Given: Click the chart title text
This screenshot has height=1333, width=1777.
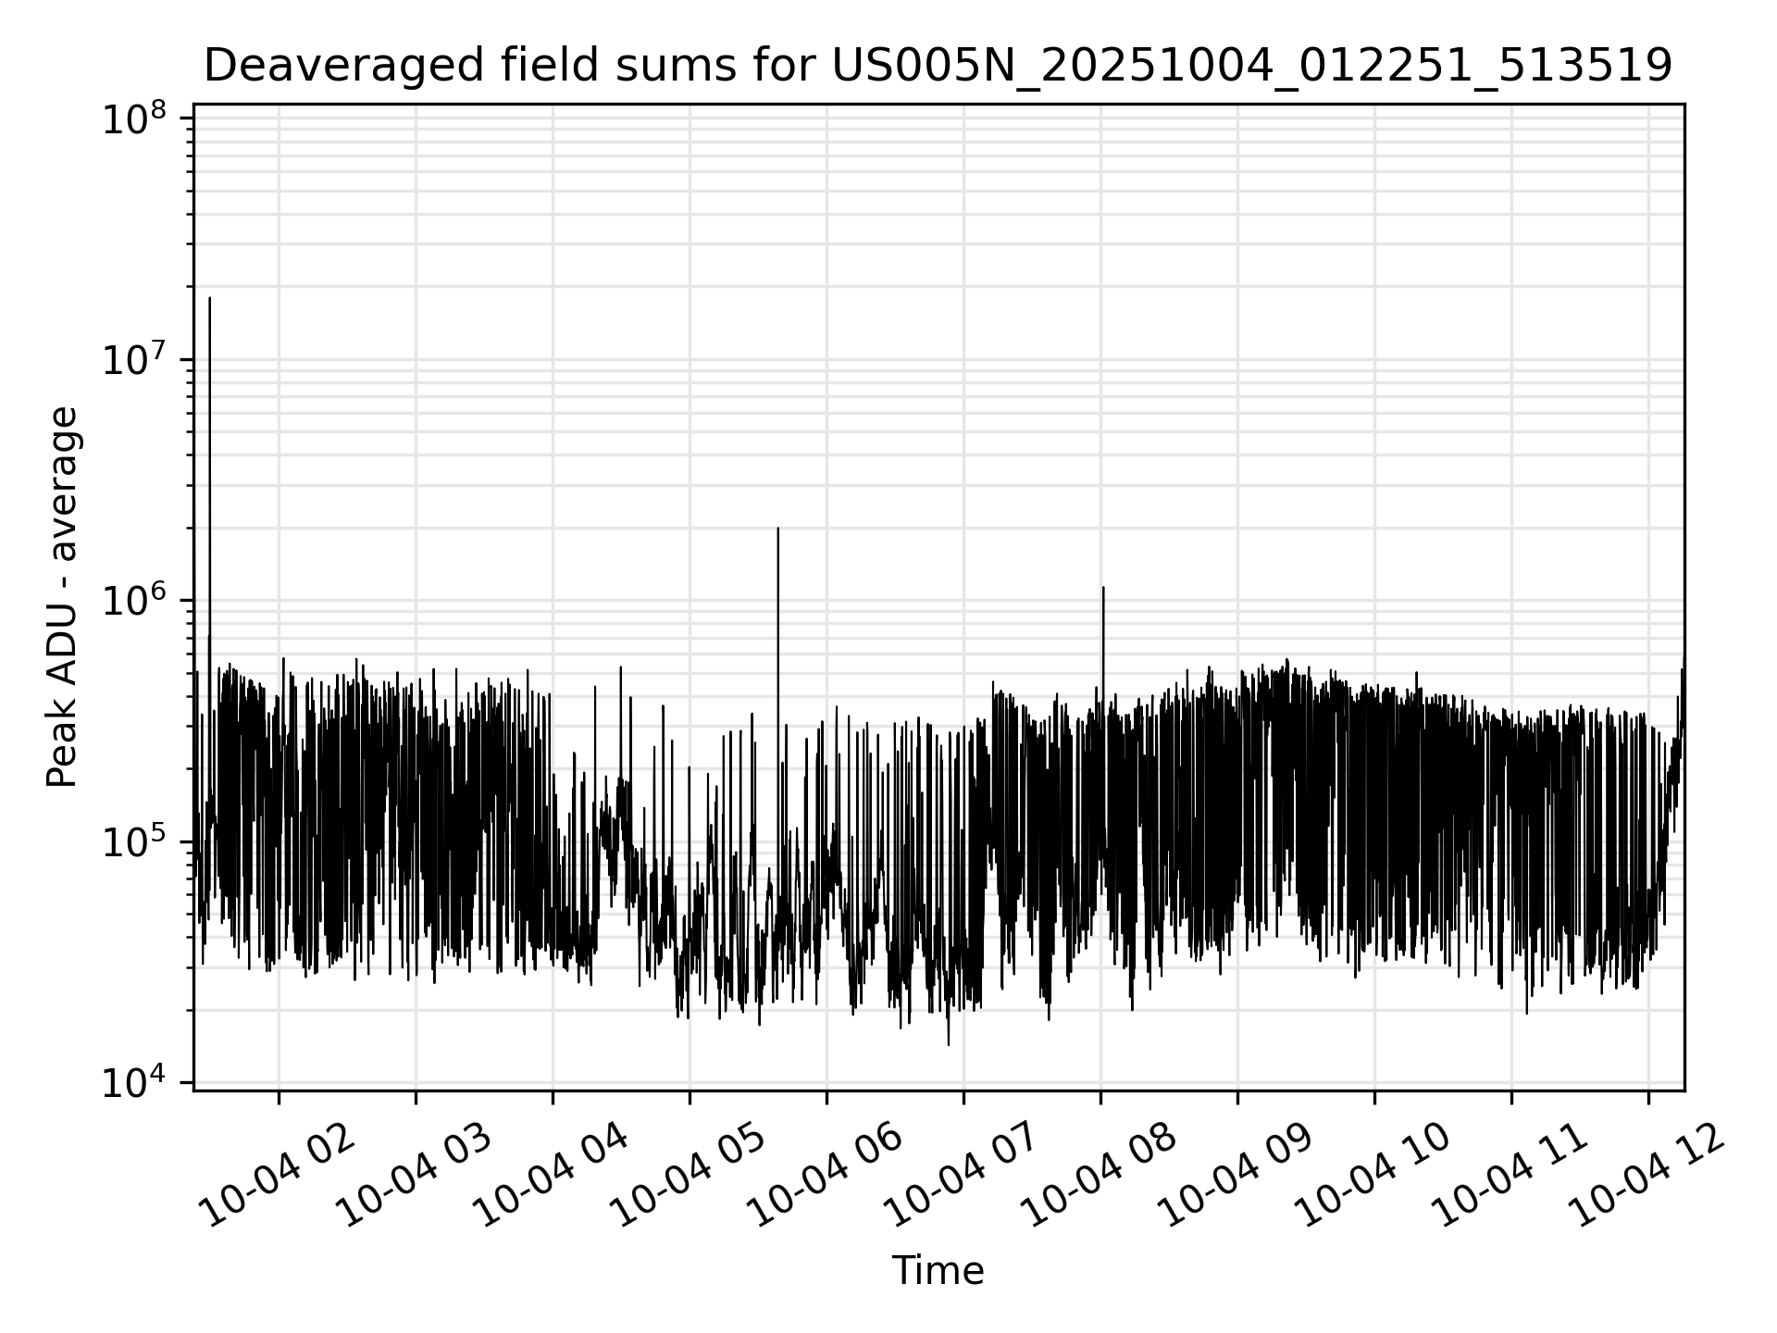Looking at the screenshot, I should (937, 67).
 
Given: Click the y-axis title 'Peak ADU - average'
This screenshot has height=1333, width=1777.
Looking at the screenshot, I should (63, 597).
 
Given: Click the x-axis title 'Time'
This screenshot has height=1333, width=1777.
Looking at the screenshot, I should (937, 1271).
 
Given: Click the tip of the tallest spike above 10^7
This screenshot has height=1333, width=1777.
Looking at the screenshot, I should (210, 298).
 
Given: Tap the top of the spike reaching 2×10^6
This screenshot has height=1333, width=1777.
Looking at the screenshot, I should (777, 529).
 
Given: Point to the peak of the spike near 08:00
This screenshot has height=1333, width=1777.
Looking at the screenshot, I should (1103, 588).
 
